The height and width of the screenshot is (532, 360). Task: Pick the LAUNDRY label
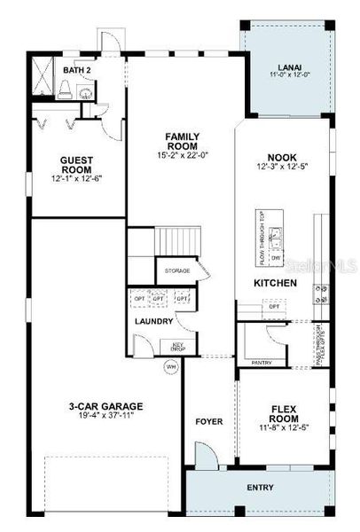click(x=153, y=321)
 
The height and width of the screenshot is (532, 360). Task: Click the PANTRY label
click(x=262, y=363)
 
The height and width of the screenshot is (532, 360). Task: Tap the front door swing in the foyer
click(x=206, y=457)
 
